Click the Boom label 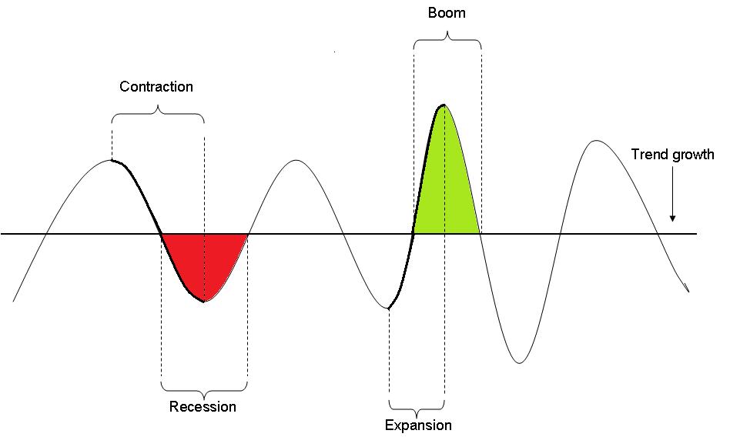447,13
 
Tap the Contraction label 156,86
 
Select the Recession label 203,406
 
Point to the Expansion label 418,425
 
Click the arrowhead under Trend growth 672,218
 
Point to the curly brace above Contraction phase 158,114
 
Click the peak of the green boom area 444,105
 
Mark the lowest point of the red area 204,301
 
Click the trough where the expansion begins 389,309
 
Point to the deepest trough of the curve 520,362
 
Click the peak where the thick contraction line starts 112,160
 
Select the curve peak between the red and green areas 296,160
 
